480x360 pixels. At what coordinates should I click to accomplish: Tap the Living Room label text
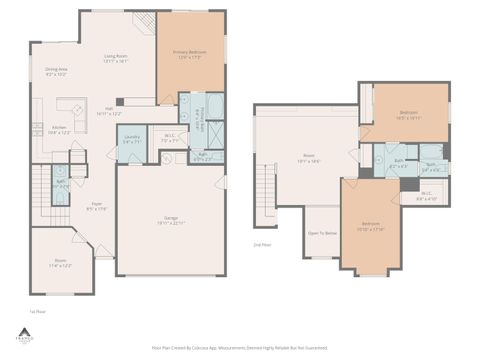point(115,58)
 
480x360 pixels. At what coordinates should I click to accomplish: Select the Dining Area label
point(56,71)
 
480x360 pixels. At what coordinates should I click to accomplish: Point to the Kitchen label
point(59,129)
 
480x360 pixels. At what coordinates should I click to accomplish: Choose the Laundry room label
point(132,140)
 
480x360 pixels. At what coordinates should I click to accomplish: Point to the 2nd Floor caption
point(263,243)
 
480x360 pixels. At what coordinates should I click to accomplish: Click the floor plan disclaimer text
point(240,347)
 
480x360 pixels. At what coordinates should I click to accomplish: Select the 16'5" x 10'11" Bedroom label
point(410,114)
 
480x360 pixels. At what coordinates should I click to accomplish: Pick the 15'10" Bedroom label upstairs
point(371,225)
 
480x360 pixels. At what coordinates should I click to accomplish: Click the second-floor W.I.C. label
point(427,196)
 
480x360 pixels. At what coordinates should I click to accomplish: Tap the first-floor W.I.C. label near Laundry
point(171,138)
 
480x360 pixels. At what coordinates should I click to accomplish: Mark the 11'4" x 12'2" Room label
point(60,263)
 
